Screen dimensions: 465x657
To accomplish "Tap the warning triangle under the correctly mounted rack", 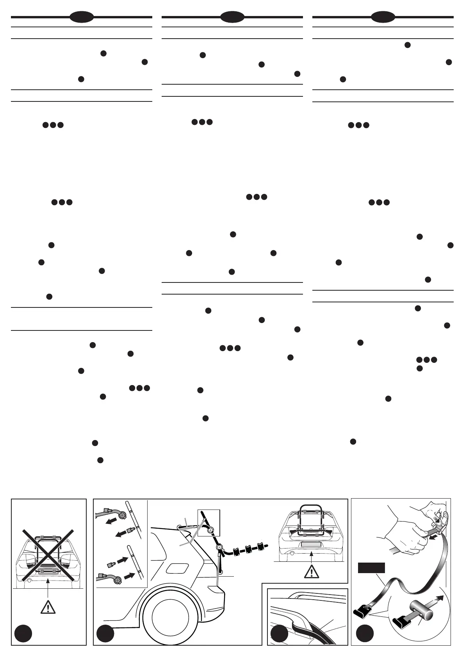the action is pyautogui.click(x=311, y=571).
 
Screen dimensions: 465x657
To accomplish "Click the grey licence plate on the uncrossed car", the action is pyautogui.click(x=311, y=545).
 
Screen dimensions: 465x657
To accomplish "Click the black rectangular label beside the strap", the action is pyautogui.click(x=371, y=568).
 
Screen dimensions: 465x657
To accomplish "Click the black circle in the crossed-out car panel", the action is pyautogui.click(x=23, y=634).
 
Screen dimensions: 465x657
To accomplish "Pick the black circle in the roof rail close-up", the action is pyautogui.click(x=279, y=634).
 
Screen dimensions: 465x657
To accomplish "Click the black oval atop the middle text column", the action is pyautogui.click(x=232, y=17).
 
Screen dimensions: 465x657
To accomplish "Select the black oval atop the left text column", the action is pyautogui.click(x=81, y=17).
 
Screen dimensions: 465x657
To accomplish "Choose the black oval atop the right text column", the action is pyautogui.click(x=383, y=17).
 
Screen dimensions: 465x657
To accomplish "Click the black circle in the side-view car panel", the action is pyautogui.click(x=105, y=634).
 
